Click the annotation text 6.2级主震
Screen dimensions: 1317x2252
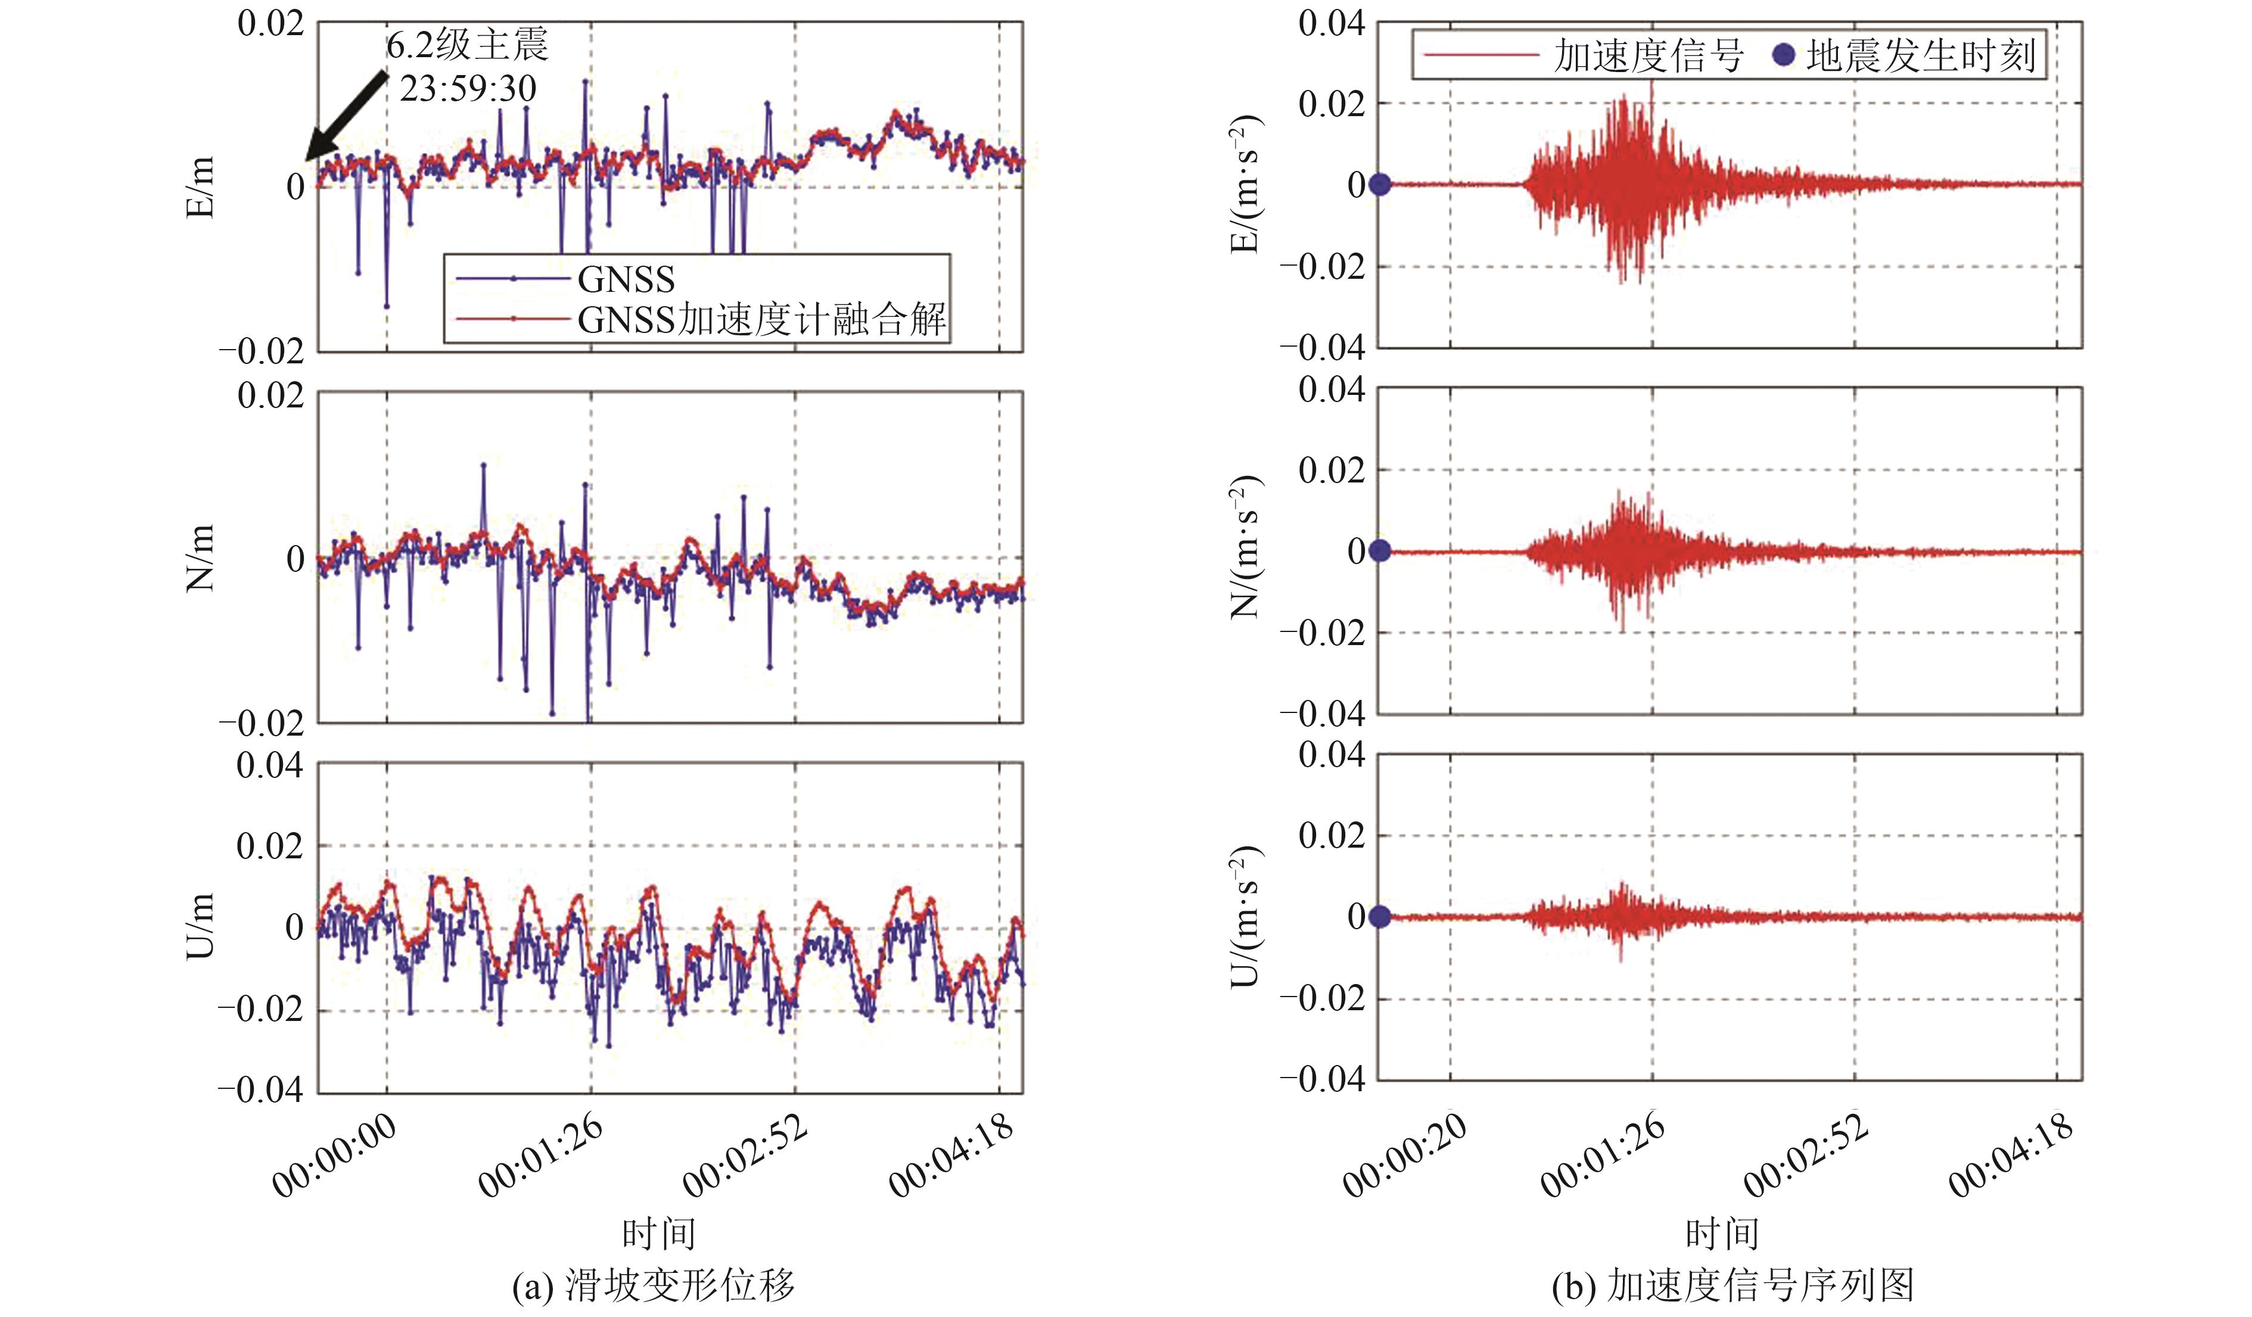(466, 45)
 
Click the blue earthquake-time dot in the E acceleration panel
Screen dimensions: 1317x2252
(1380, 185)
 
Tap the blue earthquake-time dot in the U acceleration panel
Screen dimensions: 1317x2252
(1380, 917)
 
